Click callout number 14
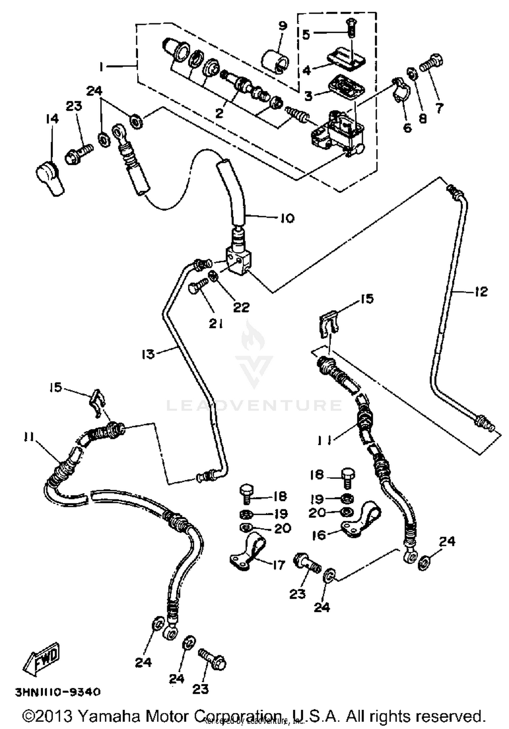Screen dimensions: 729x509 pyautogui.click(x=53, y=119)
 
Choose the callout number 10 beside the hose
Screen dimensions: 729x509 pyautogui.click(x=287, y=218)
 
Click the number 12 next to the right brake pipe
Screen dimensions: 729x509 pyautogui.click(x=481, y=292)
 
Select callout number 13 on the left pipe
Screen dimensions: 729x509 pyautogui.click(x=148, y=354)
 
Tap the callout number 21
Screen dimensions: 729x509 pyautogui.click(x=215, y=324)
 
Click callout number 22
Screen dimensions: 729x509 pyautogui.click(x=241, y=307)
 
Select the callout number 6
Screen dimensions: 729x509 pyautogui.click(x=407, y=128)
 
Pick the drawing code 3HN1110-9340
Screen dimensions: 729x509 pyautogui.click(x=58, y=692)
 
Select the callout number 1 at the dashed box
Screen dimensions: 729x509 pyautogui.click(x=101, y=67)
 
